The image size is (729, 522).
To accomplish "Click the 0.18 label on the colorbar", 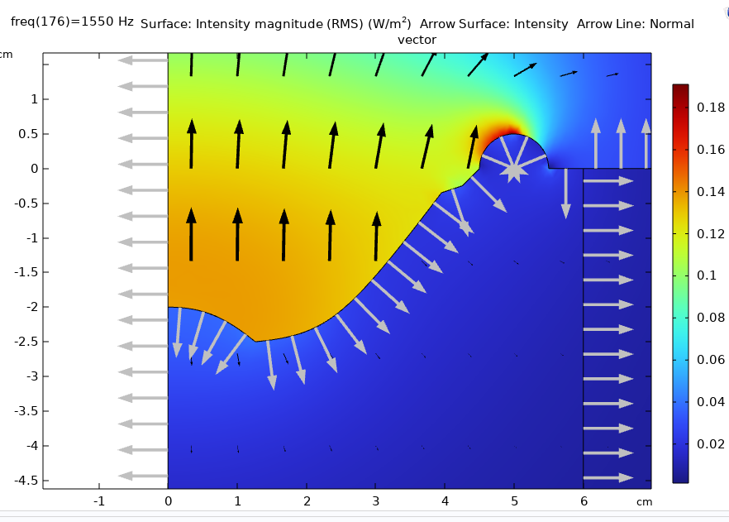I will [709, 108].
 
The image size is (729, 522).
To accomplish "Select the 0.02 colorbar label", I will [709, 444].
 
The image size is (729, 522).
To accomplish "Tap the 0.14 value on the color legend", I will [709, 192].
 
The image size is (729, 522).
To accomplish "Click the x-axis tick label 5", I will [514, 500].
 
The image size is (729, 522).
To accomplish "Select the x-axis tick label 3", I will [376, 500].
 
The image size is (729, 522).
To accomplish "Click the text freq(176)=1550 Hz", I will [72, 22].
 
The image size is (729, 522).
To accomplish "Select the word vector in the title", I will [417, 40].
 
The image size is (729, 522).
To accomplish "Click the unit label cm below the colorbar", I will [644, 501].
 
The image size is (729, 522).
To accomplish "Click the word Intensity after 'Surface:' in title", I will [224, 24].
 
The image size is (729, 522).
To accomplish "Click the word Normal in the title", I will [672, 24].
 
